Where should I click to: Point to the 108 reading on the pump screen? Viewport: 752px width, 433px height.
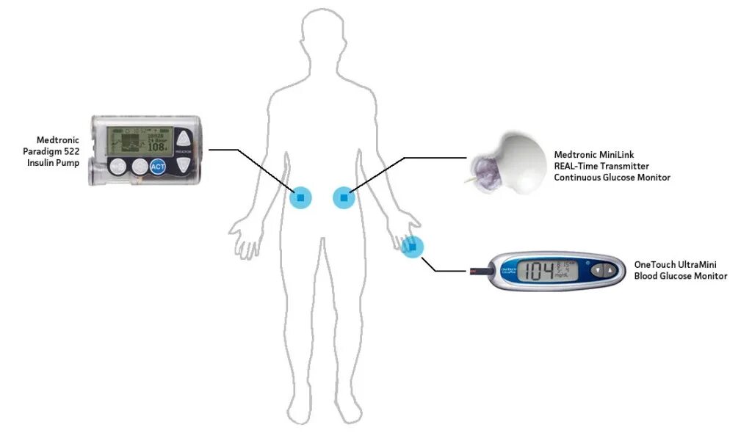156,147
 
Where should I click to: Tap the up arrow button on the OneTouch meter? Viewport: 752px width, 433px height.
610,270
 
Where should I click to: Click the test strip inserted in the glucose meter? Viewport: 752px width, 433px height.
477,272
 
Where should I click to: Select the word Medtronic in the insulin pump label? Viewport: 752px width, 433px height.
58,140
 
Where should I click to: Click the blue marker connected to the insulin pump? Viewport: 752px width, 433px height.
300,198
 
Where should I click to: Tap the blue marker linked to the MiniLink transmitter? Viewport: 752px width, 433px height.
344,197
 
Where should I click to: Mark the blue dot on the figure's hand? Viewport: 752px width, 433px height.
413,248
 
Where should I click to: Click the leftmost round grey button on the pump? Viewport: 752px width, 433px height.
117,167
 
